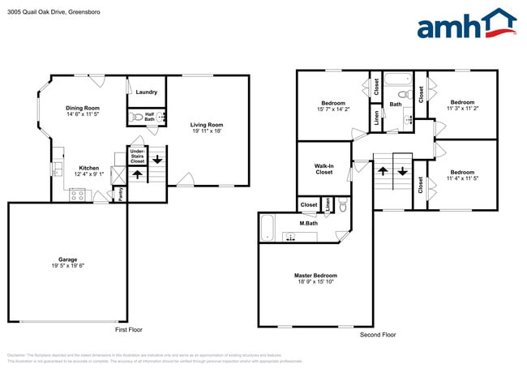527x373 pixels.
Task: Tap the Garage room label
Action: pyautogui.click(x=67, y=259)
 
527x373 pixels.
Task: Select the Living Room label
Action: pyautogui.click(x=207, y=125)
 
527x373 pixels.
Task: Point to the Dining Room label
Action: pyautogui.click(x=83, y=108)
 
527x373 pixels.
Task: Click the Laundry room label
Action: pyautogui.click(x=147, y=92)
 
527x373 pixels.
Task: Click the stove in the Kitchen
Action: pyautogui.click(x=78, y=195)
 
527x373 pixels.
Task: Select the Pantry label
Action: pyautogui.click(x=122, y=193)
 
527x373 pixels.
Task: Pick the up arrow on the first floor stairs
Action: pyautogui.click(x=137, y=174)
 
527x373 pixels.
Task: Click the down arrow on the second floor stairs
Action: pyautogui.click(x=403, y=172)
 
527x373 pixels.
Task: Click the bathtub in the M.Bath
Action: pyautogui.click(x=268, y=227)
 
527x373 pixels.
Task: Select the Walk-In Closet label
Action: pyautogui.click(x=323, y=169)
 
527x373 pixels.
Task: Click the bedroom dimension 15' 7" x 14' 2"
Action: pyautogui.click(x=333, y=111)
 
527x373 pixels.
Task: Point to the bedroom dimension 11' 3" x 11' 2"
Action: pyautogui.click(x=462, y=109)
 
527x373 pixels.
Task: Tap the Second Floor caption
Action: pyautogui.click(x=378, y=334)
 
